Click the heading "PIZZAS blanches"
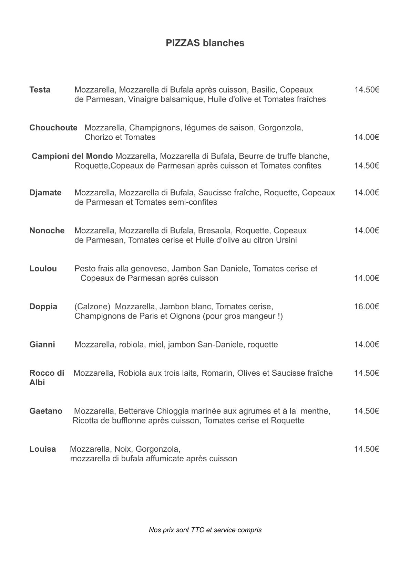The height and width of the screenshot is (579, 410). point(205,43)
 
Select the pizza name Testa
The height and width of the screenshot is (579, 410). point(40,90)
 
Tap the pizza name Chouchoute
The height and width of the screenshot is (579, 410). point(53,128)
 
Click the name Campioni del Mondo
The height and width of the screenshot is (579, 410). point(72,156)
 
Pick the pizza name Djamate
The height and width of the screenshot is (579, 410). point(45,193)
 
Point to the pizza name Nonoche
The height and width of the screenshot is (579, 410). point(47,230)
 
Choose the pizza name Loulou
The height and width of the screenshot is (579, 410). point(43,269)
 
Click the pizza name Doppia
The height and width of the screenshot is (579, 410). point(43,307)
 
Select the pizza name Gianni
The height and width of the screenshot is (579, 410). point(42,345)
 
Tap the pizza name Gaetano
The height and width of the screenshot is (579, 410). point(46,411)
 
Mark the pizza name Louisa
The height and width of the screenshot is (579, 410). point(43,449)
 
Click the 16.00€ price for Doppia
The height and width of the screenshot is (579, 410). point(367,307)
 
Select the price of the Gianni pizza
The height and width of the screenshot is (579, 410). point(367,345)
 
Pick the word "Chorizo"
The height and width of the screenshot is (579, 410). point(99,137)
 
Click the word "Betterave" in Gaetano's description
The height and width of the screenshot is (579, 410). point(136,411)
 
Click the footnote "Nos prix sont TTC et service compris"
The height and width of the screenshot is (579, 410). point(205,530)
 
